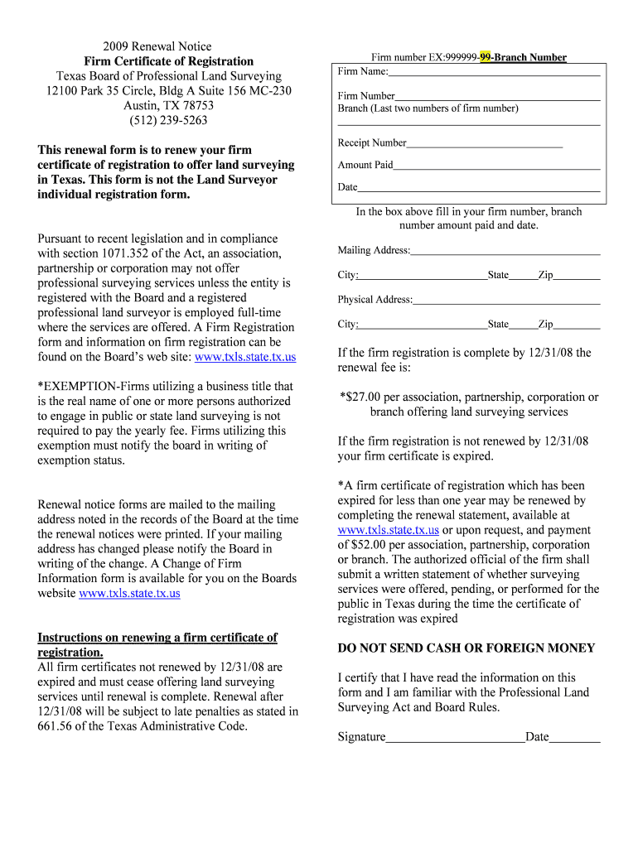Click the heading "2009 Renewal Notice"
click(x=157, y=46)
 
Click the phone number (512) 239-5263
click(x=168, y=121)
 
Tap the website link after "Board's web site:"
click(x=244, y=357)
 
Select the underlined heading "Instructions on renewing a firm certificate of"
click(x=157, y=638)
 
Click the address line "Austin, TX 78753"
click(x=168, y=106)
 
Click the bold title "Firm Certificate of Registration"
click(x=168, y=61)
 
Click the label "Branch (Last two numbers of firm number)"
click(x=428, y=108)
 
